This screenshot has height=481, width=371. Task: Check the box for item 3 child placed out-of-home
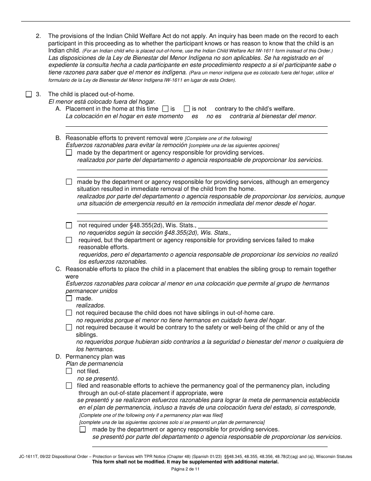pyautogui.click(x=29, y=94)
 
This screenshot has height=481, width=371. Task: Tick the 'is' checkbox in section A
pyautogui.click(x=165, y=109)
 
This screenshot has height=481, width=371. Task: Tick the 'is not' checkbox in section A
pyautogui.click(x=187, y=109)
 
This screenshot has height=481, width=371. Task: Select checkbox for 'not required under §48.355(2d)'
pyautogui.click(x=69, y=225)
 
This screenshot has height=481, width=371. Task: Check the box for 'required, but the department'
pyautogui.click(x=69, y=240)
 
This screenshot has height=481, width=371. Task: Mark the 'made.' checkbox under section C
pyautogui.click(x=69, y=298)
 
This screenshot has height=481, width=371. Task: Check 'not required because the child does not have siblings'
pyautogui.click(x=69, y=313)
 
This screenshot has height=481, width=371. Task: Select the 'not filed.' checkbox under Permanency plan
pyautogui.click(x=69, y=371)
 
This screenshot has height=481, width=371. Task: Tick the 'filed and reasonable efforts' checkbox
pyautogui.click(x=69, y=386)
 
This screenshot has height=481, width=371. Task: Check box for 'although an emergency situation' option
pyautogui.click(x=69, y=182)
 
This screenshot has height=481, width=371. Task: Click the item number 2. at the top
pyautogui.click(x=38, y=36)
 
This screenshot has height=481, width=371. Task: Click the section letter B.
pyautogui.click(x=58, y=138)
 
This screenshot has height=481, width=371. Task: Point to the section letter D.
pyautogui.click(x=58, y=357)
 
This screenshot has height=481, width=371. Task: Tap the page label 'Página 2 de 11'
pyautogui.click(x=185, y=469)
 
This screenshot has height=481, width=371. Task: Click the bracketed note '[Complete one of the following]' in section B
pyautogui.click(x=218, y=138)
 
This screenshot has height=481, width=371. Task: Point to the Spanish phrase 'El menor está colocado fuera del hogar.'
pyautogui.click(x=102, y=101)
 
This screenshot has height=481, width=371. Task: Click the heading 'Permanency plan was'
pyautogui.click(x=95, y=357)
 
